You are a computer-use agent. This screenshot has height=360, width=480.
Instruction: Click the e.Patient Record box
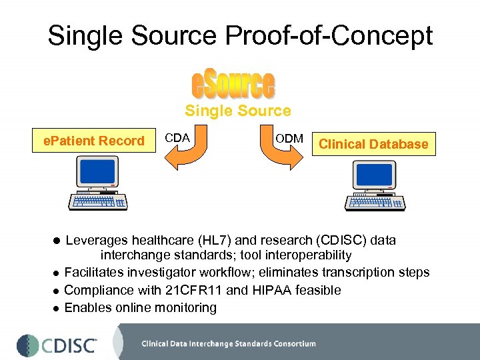pyautogui.click(x=93, y=141)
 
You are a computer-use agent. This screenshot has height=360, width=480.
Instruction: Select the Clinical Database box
pyautogui.click(x=373, y=144)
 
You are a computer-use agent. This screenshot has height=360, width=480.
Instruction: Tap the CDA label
pyautogui.click(x=177, y=138)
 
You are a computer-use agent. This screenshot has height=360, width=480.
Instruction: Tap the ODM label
pyautogui.click(x=289, y=138)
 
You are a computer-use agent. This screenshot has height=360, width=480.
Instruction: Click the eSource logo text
pyautogui.click(x=233, y=85)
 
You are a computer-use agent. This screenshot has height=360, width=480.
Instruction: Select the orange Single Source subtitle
pyautogui.click(x=238, y=111)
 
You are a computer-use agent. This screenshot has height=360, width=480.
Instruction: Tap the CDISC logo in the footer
pyautogui.click(x=57, y=345)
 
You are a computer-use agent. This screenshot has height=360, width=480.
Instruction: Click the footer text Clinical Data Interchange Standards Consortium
pyautogui.click(x=228, y=344)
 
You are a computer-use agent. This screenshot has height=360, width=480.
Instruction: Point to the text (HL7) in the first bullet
pyautogui.click(x=216, y=240)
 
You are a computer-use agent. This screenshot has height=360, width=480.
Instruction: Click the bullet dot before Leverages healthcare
pyautogui.click(x=57, y=241)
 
